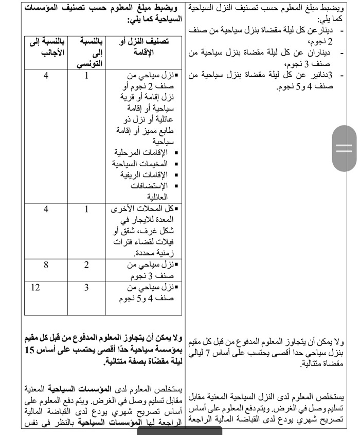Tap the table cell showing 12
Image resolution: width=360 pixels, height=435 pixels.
click(x=35, y=287)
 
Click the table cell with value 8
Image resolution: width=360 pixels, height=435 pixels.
click(x=46, y=265)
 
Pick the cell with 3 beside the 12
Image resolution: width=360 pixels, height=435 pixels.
click(x=86, y=287)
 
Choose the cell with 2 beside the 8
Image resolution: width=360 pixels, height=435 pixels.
click(x=86, y=265)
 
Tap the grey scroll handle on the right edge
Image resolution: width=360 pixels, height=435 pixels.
click(x=344, y=148)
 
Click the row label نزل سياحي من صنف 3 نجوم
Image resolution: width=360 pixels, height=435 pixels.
click(x=147, y=270)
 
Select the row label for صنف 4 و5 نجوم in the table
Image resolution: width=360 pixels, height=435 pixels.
click(x=147, y=292)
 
